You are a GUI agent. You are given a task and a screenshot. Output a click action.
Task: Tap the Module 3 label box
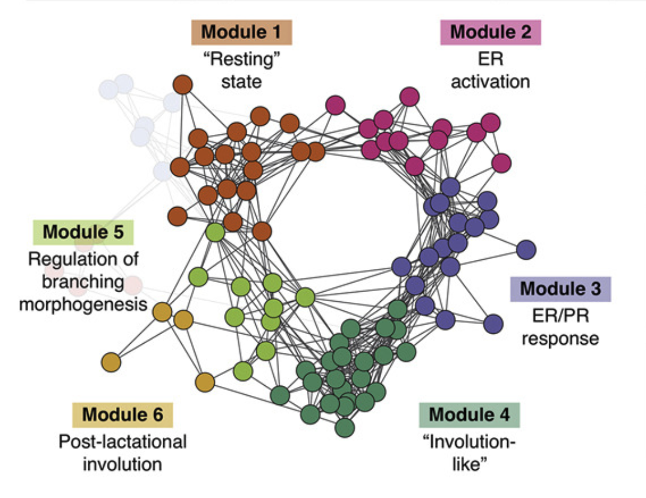click(560, 289)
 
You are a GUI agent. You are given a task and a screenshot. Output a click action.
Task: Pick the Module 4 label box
click(469, 415)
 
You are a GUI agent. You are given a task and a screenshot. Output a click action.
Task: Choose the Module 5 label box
click(83, 232)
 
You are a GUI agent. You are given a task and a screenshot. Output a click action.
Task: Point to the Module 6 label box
click(122, 415)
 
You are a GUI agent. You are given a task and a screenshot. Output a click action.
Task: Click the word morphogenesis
click(83, 304)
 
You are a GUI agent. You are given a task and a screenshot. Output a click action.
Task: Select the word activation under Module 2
click(491, 81)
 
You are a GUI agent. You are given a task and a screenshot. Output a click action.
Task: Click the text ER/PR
click(560, 316)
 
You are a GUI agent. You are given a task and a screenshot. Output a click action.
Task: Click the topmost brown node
click(183, 85)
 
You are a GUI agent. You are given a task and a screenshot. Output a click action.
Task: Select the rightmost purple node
click(526, 249)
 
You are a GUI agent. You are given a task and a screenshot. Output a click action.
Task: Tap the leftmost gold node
click(110, 362)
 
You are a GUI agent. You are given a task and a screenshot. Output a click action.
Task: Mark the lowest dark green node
click(344, 428)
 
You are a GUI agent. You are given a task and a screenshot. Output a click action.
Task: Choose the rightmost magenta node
click(501, 162)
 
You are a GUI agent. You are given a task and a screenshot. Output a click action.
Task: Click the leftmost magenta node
click(335, 105)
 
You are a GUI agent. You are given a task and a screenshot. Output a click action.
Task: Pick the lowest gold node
click(205, 382)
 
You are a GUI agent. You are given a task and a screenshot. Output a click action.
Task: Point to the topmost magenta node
click(409, 96)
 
